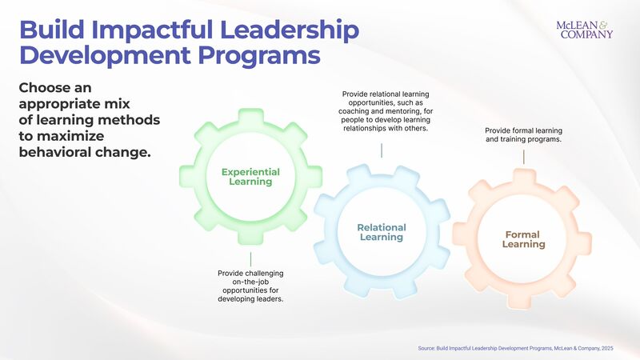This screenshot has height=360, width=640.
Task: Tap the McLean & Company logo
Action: coord(584,30)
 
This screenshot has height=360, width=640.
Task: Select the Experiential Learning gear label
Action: coord(250,176)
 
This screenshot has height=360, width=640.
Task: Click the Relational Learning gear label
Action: coord(382,232)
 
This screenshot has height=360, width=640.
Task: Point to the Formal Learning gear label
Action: coord(523,239)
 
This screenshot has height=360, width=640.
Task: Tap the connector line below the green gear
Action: coord(250,259)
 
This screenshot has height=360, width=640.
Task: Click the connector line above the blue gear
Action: coord(382,150)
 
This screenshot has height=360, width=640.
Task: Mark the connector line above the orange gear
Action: coord(523,157)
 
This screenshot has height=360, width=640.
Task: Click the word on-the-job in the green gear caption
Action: coord(250,282)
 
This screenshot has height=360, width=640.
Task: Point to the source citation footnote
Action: coord(515,349)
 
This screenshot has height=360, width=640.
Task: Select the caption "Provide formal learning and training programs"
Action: coord(523,134)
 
